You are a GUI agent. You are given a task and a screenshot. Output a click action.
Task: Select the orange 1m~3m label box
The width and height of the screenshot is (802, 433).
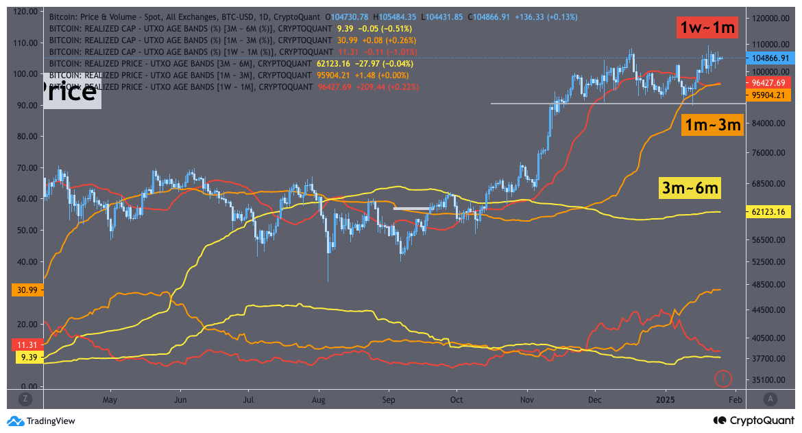(712, 124)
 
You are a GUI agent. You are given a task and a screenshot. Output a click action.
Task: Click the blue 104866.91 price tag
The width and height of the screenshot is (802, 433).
(770, 59)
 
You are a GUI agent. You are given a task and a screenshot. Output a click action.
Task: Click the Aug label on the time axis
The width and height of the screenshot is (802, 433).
(318, 399)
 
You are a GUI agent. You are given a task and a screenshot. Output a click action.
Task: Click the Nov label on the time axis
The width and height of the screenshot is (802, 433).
(527, 399)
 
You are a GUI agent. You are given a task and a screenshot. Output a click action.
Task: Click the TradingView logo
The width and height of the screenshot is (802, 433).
(41, 421)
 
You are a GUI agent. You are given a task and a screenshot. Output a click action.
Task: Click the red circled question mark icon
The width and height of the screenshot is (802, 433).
(723, 377)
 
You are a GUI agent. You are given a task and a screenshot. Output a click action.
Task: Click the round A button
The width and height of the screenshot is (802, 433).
(770, 399)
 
